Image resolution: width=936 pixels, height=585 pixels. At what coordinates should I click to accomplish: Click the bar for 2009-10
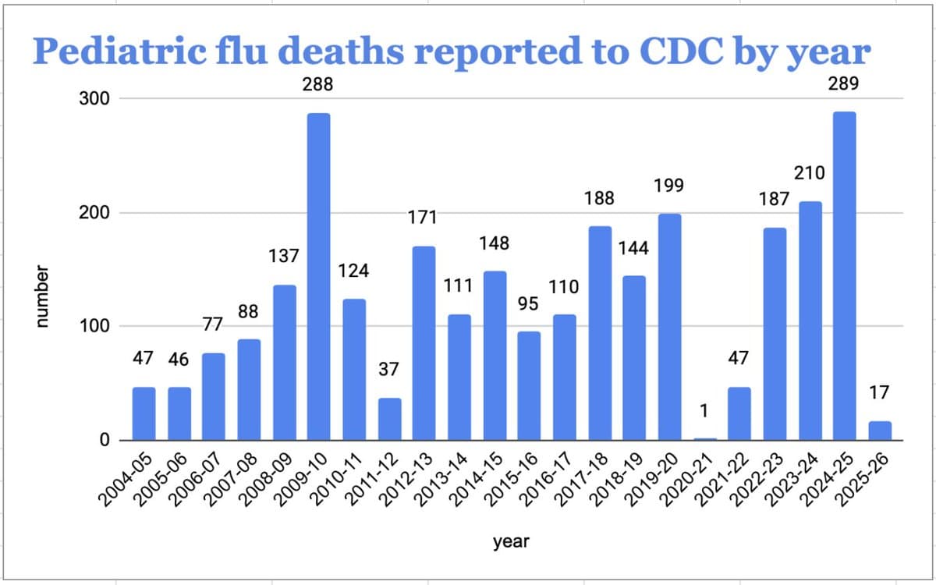(x=318, y=277)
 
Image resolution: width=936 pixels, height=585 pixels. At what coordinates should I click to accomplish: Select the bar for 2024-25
(x=845, y=276)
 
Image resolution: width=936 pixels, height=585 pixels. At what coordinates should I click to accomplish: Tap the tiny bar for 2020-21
(x=705, y=439)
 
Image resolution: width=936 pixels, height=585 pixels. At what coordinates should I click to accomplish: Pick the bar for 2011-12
(x=389, y=419)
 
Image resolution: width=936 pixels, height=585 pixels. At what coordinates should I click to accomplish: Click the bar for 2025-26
(x=880, y=431)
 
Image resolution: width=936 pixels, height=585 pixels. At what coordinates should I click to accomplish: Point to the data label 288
(x=318, y=85)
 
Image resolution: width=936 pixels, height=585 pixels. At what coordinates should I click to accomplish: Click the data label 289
(x=844, y=84)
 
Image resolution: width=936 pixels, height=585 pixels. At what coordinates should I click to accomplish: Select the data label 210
(x=810, y=172)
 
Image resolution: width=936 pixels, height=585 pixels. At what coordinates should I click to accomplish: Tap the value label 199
(x=669, y=185)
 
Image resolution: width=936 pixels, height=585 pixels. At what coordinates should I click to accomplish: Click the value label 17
(x=879, y=393)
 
